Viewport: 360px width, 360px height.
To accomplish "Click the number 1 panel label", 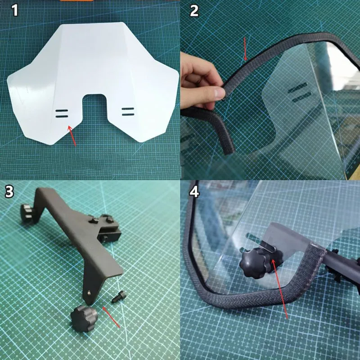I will tap(14, 10).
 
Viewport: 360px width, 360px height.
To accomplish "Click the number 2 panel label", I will tap(194, 10).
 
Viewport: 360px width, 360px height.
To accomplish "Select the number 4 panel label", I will tap(194, 191).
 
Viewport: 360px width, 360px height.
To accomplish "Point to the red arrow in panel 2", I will tap(245, 49).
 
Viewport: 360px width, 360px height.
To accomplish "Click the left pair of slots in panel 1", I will tap(63, 113).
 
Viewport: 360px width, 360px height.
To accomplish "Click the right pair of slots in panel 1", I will tap(127, 111).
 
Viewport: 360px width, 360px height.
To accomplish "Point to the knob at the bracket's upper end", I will tap(29, 211).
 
